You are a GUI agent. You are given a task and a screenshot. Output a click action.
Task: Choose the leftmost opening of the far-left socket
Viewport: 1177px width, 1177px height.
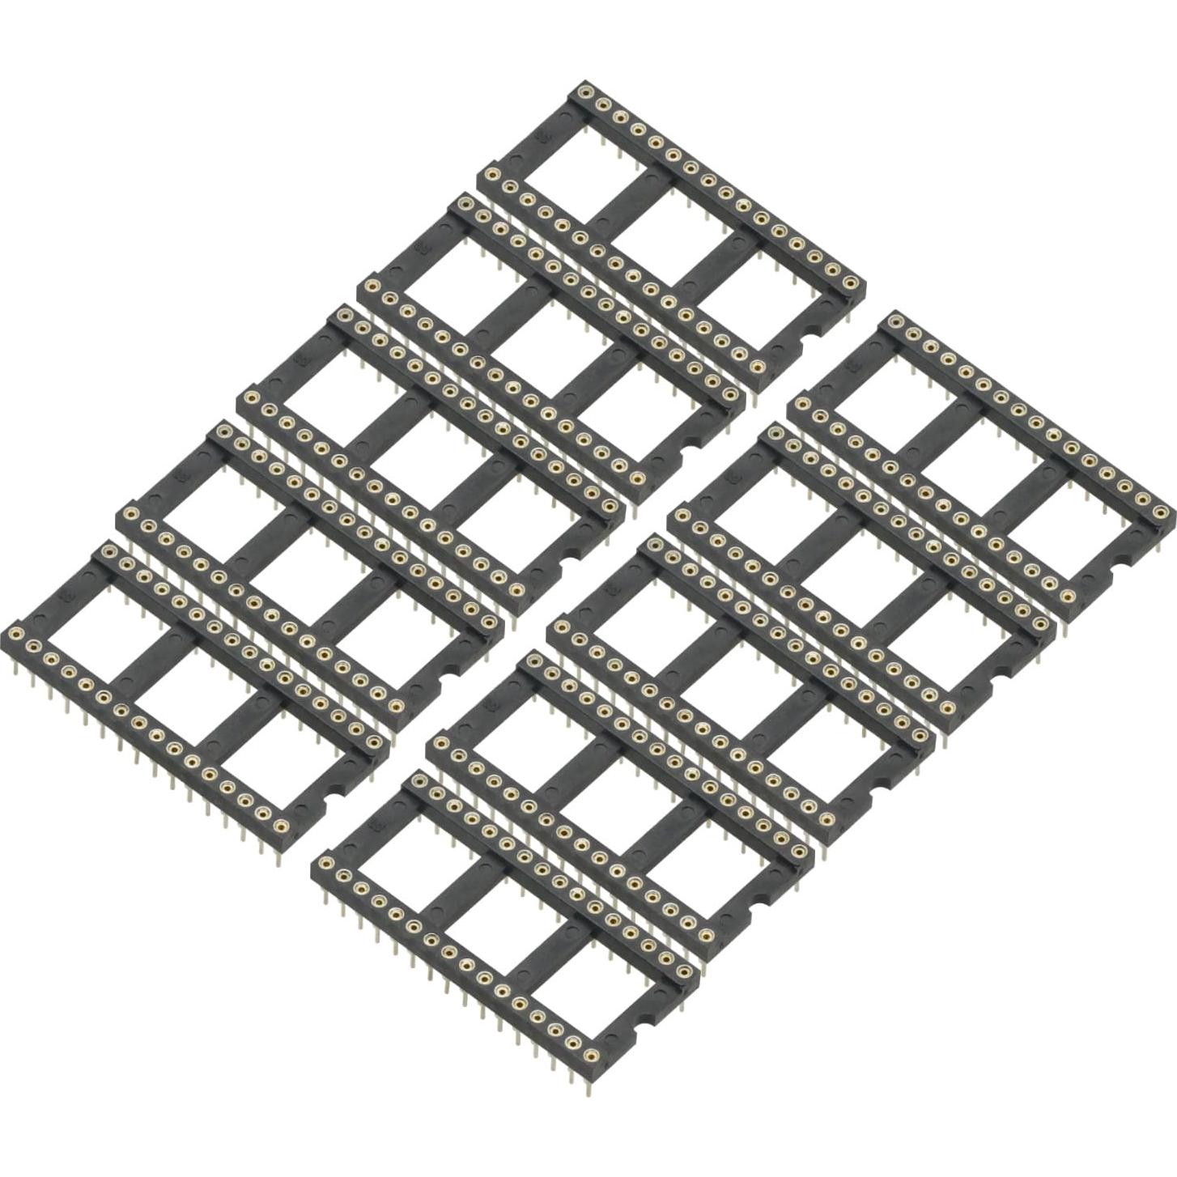[85, 615]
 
